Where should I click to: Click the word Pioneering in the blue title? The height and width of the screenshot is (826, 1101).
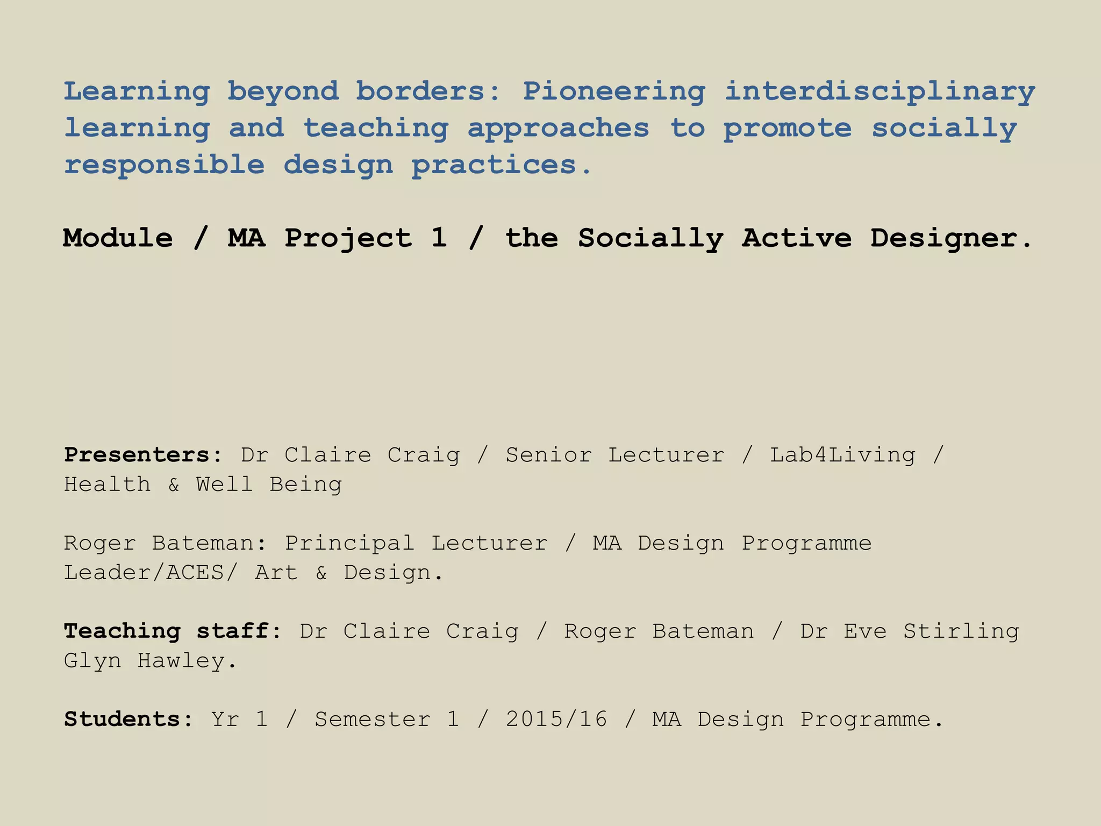tap(613, 91)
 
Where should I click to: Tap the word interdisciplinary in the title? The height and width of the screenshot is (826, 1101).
tap(880, 91)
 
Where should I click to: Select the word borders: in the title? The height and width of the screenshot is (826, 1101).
tap(428, 91)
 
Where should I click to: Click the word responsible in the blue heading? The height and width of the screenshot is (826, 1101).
tap(164, 165)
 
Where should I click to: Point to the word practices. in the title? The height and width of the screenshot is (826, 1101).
tap(502, 165)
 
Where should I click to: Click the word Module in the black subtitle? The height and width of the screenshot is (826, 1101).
tap(118, 238)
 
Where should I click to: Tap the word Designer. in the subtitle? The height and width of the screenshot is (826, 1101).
tap(951, 238)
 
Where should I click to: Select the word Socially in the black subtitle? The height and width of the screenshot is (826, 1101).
tap(650, 238)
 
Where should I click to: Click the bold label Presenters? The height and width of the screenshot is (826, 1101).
tap(143, 455)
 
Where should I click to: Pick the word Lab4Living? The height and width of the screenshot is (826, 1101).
tap(842, 455)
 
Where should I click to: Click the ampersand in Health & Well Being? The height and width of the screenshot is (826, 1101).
tap(174, 485)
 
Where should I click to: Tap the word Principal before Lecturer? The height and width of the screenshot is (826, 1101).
tap(349, 543)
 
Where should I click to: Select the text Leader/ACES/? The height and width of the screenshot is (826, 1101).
tap(150, 573)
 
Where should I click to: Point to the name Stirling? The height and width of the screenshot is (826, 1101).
tap(961, 631)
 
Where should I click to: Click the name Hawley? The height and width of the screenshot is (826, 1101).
tap(187, 660)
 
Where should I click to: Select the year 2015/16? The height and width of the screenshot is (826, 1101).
tap(556, 720)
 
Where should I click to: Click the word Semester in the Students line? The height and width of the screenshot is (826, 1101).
tap(373, 720)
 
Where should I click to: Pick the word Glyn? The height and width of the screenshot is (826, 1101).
tap(92, 660)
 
